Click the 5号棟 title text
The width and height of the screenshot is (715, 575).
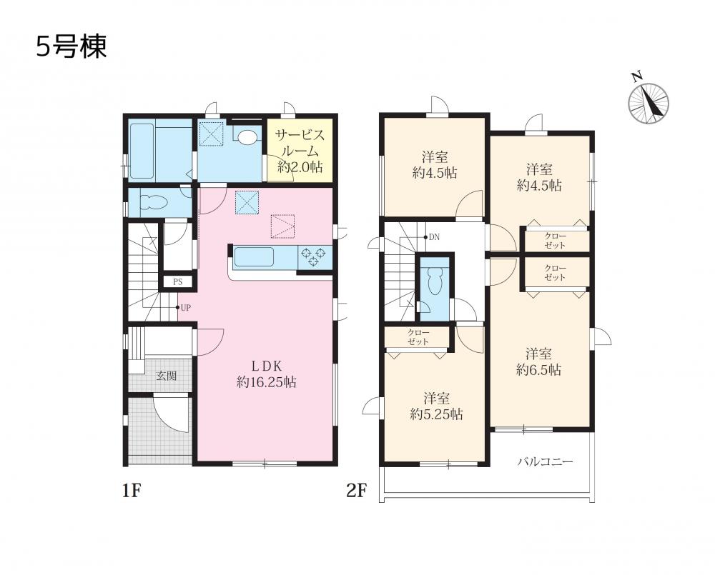pyautogui.click(x=71, y=47)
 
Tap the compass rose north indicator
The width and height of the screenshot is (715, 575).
pyautogui.click(x=648, y=101)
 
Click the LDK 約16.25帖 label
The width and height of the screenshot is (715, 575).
pyautogui.click(x=266, y=374)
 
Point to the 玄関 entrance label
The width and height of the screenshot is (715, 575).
pyautogui.click(x=167, y=376)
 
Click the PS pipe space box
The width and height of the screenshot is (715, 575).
pyautogui.click(x=177, y=281)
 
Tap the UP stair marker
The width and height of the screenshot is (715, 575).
pyautogui.click(x=183, y=308)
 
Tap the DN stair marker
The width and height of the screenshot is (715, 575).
pyautogui.click(x=432, y=237)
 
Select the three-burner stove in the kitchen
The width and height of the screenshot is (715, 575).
pyautogui.click(x=314, y=256)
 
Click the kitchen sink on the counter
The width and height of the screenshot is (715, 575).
pyautogui.click(x=254, y=257)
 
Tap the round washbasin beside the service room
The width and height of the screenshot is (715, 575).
pyautogui.click(x=247, y=136)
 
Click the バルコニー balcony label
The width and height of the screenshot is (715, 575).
pyautogui.click(x=544, y=462)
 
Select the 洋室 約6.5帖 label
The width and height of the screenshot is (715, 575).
pyautogui.click(x=538, y=361)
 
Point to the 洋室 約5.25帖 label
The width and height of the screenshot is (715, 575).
pyautogui.click(x=436, y=406)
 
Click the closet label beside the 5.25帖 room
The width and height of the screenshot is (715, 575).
pyautogui.click(x=418, y=336)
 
